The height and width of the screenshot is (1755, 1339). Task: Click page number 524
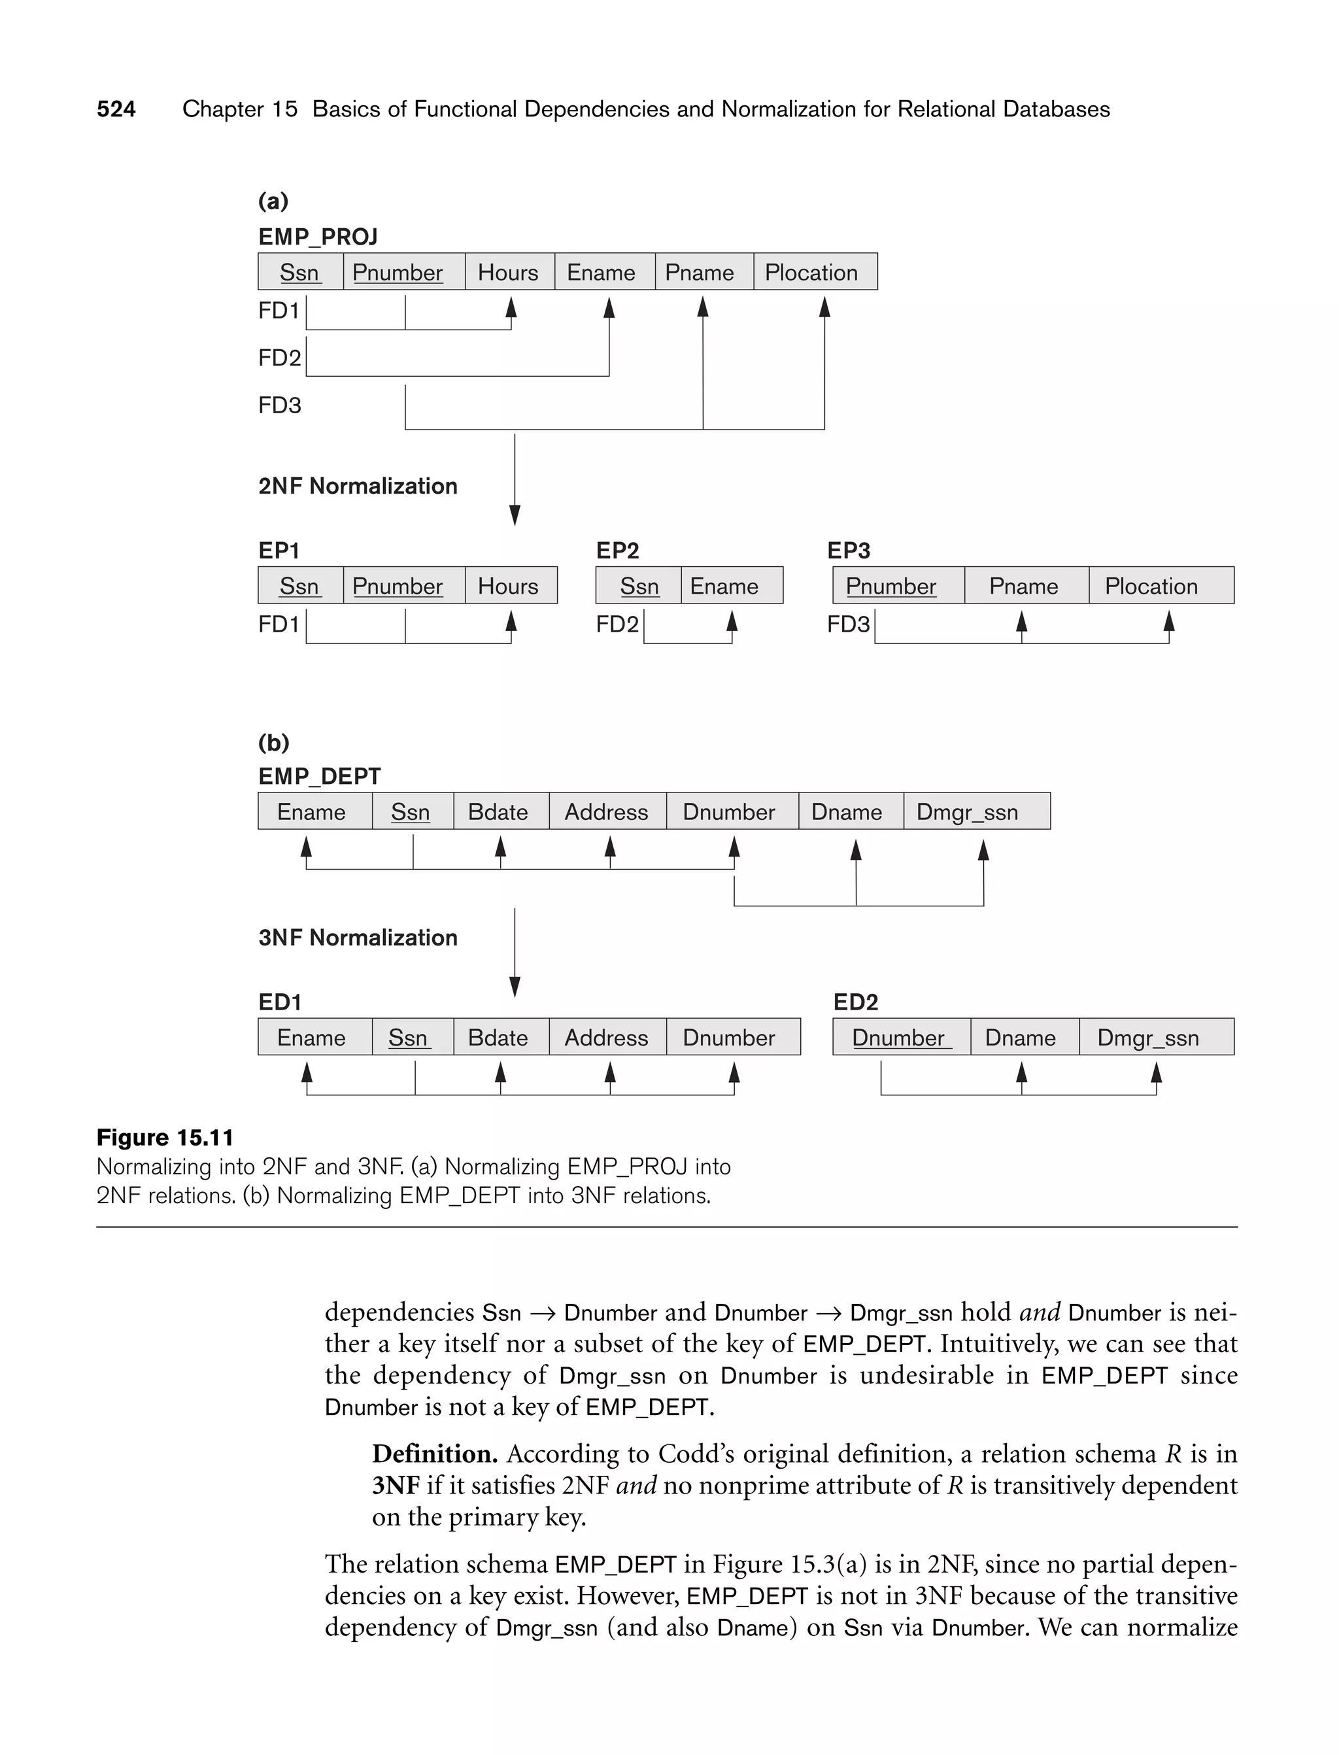[116, 109]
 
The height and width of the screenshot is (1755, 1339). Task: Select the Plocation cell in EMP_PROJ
[811, 273]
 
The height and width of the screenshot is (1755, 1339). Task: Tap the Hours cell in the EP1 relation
[509, 586]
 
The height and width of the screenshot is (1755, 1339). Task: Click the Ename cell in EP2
[724, 586]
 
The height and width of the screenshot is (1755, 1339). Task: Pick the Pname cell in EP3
[1023, 586]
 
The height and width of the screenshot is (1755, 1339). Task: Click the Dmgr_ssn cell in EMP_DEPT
[968, 811]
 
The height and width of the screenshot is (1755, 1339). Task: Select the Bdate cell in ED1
[498, 1037]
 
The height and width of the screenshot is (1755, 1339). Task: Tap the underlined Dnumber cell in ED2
[899, 1037]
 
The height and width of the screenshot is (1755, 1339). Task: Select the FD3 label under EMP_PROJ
[280, 405]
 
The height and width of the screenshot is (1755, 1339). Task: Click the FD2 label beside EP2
[617, 624]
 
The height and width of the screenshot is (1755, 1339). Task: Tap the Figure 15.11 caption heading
[165, 1137]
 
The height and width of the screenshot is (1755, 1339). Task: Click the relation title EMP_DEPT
[320, 775]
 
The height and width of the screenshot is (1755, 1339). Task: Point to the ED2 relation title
[855, 1002]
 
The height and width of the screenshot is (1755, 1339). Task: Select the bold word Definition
[434, 1454]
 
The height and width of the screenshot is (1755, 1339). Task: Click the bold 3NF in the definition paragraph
[396, 1486]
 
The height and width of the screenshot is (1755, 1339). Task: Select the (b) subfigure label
[273, 742]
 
